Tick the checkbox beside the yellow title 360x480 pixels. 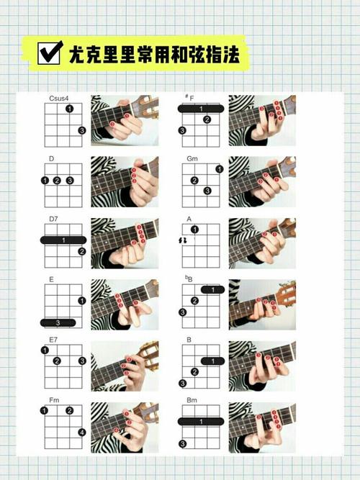point(49,53)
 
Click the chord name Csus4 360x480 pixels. point(59,99)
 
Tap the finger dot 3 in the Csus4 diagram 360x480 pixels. point(81,130)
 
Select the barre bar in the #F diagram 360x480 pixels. point(201,109)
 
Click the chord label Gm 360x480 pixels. point(192,158)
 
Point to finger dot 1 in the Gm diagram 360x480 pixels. point(220,168)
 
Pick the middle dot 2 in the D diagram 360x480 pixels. point(57,181)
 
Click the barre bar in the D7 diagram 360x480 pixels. point(63,240)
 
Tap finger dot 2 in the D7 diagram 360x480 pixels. point(81,252)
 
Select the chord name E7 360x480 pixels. point(53,340)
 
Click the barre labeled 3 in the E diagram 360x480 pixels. point(58,322)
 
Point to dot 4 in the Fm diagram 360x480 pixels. point(82,433)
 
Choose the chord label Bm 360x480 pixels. point(192,400)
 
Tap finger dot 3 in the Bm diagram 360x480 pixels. point(182,443)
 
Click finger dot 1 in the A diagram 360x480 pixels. point(194,230)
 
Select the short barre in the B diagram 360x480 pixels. point(212,361)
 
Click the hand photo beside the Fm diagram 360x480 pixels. point(125,427)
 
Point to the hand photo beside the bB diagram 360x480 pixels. point(262,304)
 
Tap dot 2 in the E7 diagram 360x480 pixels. point(57,361)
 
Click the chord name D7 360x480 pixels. point(53,219)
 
